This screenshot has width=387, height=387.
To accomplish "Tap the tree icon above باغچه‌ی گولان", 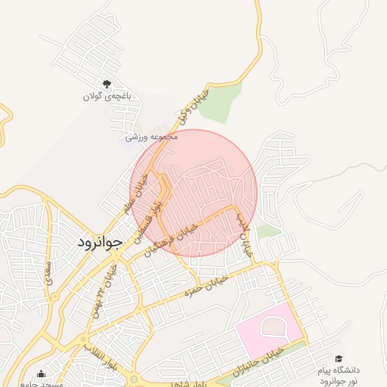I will pos(107,84).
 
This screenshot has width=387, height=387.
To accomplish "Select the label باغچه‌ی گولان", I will pos(107,96).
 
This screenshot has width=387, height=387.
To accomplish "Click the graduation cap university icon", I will pos(339,358).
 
